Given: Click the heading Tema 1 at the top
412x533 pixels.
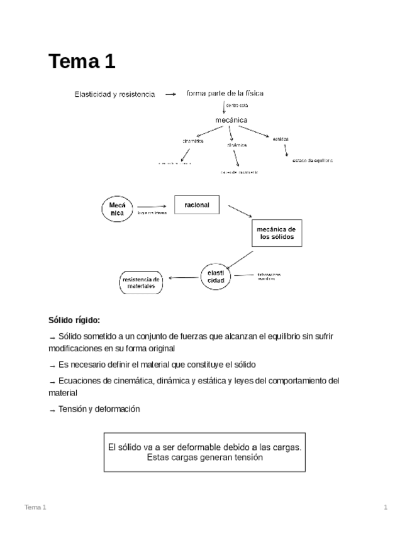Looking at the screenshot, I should [82, 62].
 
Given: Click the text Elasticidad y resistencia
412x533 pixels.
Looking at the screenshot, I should [114, 95].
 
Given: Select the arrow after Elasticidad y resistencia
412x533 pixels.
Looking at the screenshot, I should [170, 95].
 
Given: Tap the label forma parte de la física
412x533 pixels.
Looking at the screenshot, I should [225, 94].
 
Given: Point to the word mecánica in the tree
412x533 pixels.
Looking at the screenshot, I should [231, 119].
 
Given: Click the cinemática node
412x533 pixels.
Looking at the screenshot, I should [193, 141].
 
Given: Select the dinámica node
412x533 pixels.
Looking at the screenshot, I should [237, 145].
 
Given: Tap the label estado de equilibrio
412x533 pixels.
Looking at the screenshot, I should [312, 160].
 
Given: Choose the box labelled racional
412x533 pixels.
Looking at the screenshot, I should [196, 205].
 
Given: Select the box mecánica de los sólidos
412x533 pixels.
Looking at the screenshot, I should [277, 233].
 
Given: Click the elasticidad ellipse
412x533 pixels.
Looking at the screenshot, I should [216, 277].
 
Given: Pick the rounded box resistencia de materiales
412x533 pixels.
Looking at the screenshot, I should [141, 282].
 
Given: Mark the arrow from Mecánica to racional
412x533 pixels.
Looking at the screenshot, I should [152, 206].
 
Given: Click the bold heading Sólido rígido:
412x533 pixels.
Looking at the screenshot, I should [74, 320].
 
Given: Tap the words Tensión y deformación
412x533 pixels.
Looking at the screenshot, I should [99, 409].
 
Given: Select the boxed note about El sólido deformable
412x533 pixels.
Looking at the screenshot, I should [204, 452].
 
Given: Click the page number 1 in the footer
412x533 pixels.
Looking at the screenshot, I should [386, 507].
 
